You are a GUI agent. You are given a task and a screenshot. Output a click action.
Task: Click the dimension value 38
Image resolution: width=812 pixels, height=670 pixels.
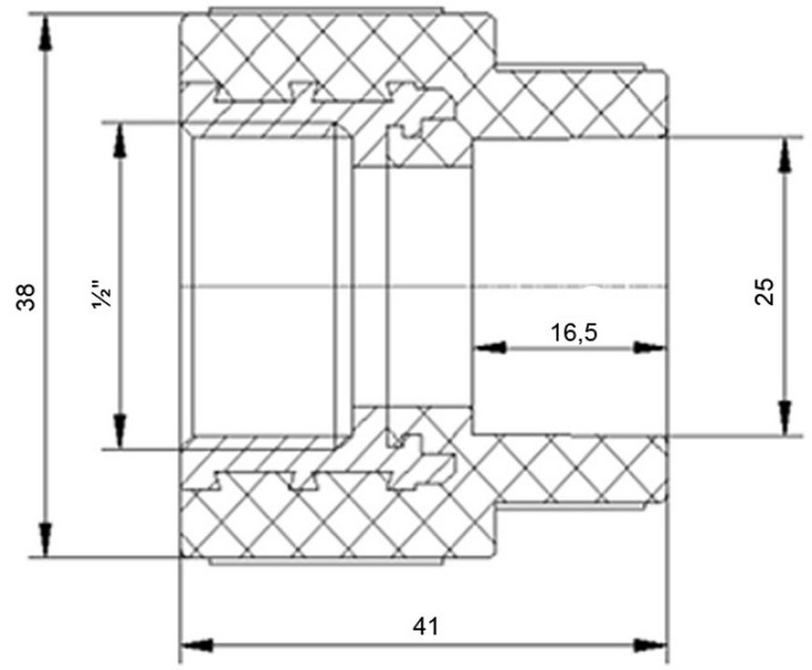point(26,297)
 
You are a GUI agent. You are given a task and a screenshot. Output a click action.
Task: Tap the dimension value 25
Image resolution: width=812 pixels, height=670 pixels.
point(765,291)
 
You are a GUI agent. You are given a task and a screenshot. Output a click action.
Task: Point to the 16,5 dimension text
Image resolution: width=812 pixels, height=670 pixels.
point(574,333)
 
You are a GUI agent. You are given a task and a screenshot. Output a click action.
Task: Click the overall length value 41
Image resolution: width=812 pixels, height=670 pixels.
point(426,626)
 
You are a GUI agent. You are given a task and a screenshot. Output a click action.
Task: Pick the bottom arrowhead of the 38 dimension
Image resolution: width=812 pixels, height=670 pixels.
point(46,539)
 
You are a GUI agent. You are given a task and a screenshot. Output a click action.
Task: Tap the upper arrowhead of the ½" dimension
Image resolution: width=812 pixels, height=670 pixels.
point(120,140)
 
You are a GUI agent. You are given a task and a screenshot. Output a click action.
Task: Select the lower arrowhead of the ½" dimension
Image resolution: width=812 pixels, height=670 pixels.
point(120,432)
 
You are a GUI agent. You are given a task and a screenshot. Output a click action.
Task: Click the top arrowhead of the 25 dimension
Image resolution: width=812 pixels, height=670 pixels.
point(786,155)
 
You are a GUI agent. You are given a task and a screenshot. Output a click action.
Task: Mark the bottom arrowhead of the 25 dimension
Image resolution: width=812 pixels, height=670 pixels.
point(786,418)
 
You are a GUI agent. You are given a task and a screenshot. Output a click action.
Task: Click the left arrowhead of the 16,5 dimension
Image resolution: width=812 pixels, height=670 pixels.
point(489,348)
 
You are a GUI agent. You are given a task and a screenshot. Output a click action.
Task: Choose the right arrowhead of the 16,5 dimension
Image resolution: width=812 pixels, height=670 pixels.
point(650,348)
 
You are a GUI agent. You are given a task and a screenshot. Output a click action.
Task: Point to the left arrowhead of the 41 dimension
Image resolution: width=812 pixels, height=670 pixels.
point(197,645)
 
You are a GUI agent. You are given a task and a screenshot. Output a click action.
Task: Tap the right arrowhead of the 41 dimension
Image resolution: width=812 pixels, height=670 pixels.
point(651,645)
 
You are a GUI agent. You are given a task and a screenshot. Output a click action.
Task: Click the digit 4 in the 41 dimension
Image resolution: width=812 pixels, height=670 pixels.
point(419,626)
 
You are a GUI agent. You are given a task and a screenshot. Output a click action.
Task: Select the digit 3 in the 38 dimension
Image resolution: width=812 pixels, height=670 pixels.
point(26,304)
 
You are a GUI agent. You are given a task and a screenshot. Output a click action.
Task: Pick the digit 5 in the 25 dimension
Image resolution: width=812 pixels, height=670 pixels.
point(765,285)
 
